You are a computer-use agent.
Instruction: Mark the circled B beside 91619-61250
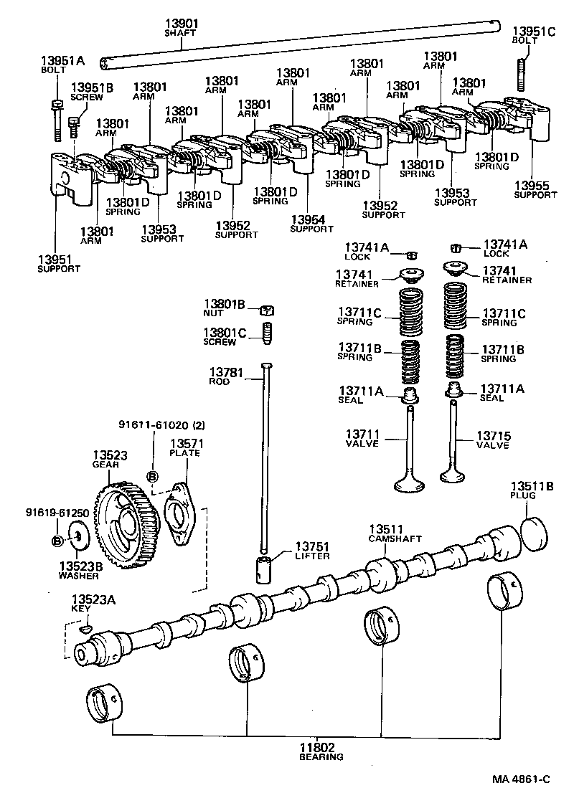tap(57, 539)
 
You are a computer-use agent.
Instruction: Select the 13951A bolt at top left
tap(56, 119)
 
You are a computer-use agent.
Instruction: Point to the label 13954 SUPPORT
tap(311, 224)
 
